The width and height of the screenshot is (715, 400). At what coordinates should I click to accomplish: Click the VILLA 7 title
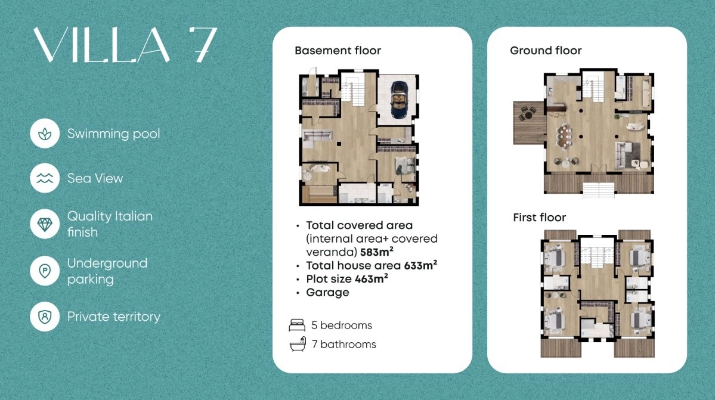tap(125, 45)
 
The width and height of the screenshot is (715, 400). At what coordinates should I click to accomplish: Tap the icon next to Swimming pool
tap(45, 134)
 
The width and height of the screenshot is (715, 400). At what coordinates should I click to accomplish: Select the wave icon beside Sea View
tap(45, 178)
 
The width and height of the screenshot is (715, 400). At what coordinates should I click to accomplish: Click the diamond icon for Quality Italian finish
tap(45, 224)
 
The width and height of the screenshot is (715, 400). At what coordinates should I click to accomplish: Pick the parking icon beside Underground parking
tap(45, 271)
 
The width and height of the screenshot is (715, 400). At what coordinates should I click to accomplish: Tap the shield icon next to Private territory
tap(45, 316)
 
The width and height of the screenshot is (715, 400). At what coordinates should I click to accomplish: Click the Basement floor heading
tap(338, 51)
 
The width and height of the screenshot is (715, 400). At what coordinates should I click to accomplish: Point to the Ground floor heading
tap(546, 51)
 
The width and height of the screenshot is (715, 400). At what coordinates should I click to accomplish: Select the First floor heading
tap(540, 218)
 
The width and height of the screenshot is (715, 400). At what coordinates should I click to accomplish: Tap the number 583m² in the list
tap(377, 252)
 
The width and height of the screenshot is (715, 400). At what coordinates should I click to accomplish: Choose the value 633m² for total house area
tap(420, 265)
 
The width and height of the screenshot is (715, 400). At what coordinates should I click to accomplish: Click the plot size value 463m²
tap(371, 279)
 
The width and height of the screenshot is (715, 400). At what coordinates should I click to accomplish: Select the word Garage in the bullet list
tap(327, 293)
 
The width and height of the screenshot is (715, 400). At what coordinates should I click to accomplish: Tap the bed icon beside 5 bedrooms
tap(297, 325)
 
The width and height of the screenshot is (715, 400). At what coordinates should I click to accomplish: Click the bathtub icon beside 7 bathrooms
tap(298, 344)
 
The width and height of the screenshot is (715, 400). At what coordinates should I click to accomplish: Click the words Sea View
tap(95, 178)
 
